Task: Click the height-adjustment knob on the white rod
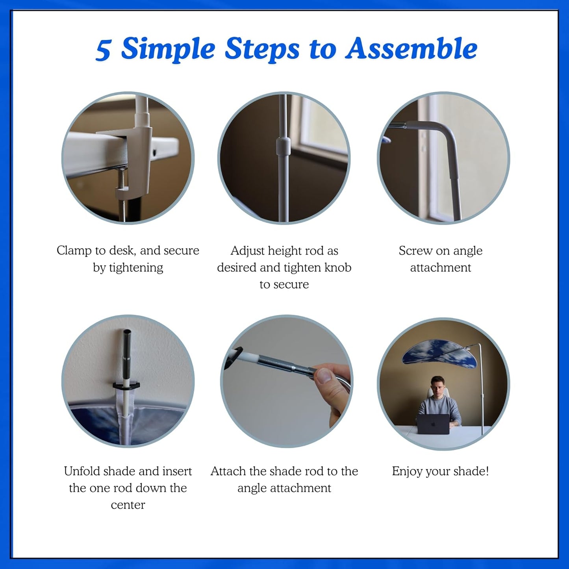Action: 283,146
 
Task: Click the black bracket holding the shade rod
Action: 126,385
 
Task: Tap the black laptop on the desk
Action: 433,423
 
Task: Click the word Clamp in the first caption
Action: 74,251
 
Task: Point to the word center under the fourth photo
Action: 128,505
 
